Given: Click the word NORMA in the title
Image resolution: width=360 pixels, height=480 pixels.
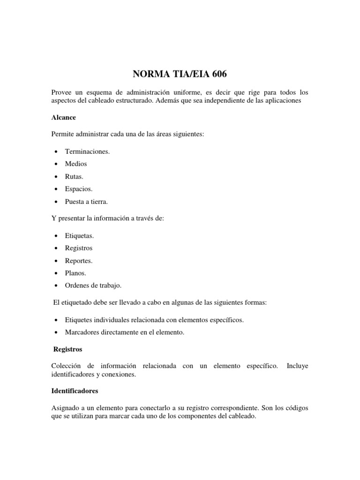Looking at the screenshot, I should (x=147, y=74).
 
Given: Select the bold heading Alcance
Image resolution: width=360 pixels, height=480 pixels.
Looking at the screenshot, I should (x=63, y=117).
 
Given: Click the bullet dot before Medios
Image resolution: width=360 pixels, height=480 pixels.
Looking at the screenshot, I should (x=56, y=164).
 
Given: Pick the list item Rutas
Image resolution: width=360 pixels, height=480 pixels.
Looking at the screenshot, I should (x=74, y=176).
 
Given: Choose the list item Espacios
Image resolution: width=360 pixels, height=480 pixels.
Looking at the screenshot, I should (x=79, y=189).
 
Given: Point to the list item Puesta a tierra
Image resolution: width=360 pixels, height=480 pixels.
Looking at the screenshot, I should (x=87, y=202).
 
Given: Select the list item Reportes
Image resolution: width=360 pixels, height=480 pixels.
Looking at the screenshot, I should (x=79, y=260).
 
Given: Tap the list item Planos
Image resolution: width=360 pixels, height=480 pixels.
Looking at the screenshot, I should (x=76, y=273).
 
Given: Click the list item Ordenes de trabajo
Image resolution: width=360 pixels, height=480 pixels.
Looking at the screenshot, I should (x=93, y=285).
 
